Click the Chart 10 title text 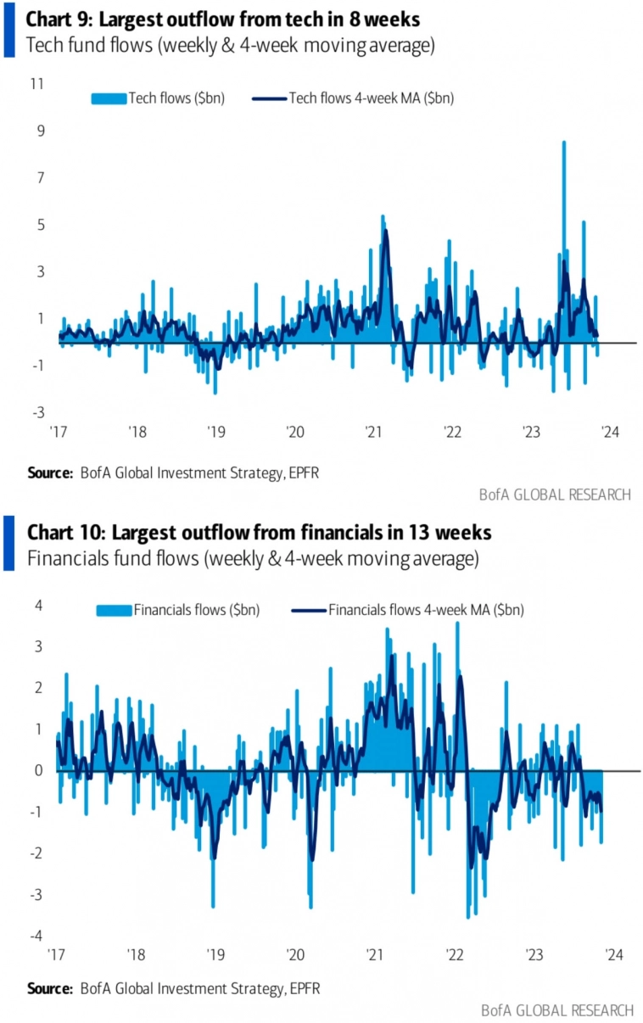(260, 533)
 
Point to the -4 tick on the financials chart (36, 936)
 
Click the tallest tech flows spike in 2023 (563, 144)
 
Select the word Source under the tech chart (49, 472)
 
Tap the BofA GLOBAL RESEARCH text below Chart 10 (556, 1010)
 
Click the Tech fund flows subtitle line (231, 46)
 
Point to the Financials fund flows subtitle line (253, 559)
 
